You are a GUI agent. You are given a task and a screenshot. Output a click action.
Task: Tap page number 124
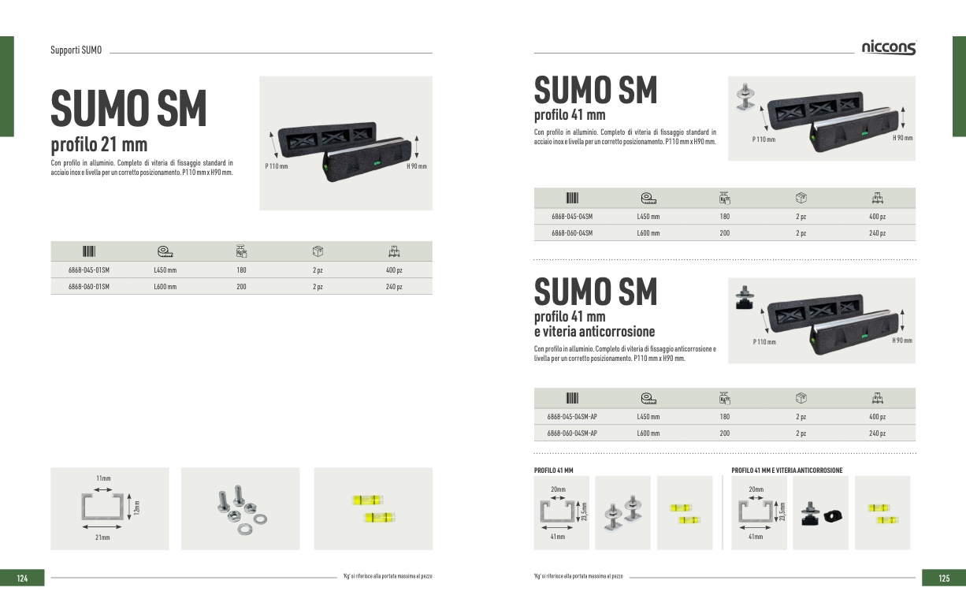pyautogui.click(x=22, y=578)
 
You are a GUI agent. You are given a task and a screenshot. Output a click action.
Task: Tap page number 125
pyautogui.click(x=944, y=578)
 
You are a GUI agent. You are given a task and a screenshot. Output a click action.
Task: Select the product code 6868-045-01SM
pyautogui.click(x=89, y=270)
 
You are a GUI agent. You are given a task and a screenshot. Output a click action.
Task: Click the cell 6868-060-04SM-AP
pyautogui.click(x=572, y=433)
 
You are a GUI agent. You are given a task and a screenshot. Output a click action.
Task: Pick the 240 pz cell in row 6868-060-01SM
pyautogui.click(x=394, y=287)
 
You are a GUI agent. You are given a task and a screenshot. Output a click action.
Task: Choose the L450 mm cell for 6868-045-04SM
pyautogui.click(x=648, y=216)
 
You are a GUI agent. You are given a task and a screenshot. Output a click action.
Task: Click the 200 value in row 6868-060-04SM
pyautogui.click(x=725, y=233)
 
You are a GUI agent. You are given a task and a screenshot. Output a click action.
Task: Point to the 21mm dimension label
pyautogui.click(x=103, y=537)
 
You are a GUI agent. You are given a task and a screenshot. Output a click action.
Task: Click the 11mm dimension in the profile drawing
pyautogui.click(x=103, y=478)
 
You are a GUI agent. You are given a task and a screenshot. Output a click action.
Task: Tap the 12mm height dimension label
pyautogui.click(x=136, y=509)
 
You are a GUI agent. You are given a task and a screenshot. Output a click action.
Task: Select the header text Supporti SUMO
pyautogui.click(x=76, y=50)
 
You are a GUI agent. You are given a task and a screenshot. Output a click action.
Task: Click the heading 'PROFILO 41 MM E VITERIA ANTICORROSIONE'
pyautogui.click(x=787, y=471)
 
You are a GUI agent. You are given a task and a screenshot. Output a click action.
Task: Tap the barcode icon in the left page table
pyautogui.click(x=89, y=251)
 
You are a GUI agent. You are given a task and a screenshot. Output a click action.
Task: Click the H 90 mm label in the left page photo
pyautogui.click(x=416, y=166)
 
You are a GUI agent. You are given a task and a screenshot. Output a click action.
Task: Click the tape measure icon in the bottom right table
pyautogui.click(x=648, y=398)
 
